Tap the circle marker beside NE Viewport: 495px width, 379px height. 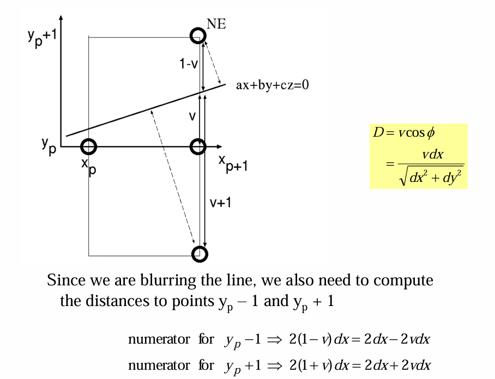(198, 36)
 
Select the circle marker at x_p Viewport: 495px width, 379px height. (88, 146)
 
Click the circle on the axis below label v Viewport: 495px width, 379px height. (198, 146)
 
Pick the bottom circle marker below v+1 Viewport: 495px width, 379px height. (200, 254)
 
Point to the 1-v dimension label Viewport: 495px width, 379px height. (189, 64)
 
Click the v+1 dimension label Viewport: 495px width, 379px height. (221, 202)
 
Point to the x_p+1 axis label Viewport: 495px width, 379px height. (233, 162)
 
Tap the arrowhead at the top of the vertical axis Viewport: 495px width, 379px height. (61, 17)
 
